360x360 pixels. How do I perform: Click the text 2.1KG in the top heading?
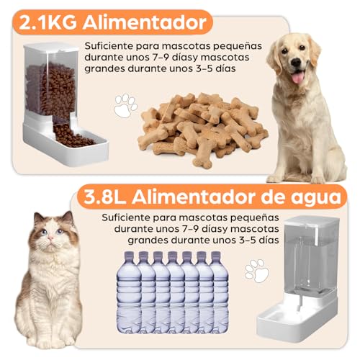point(50,21)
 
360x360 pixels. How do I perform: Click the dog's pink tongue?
point(298,75)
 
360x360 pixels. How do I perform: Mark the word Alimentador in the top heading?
point(144,21)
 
